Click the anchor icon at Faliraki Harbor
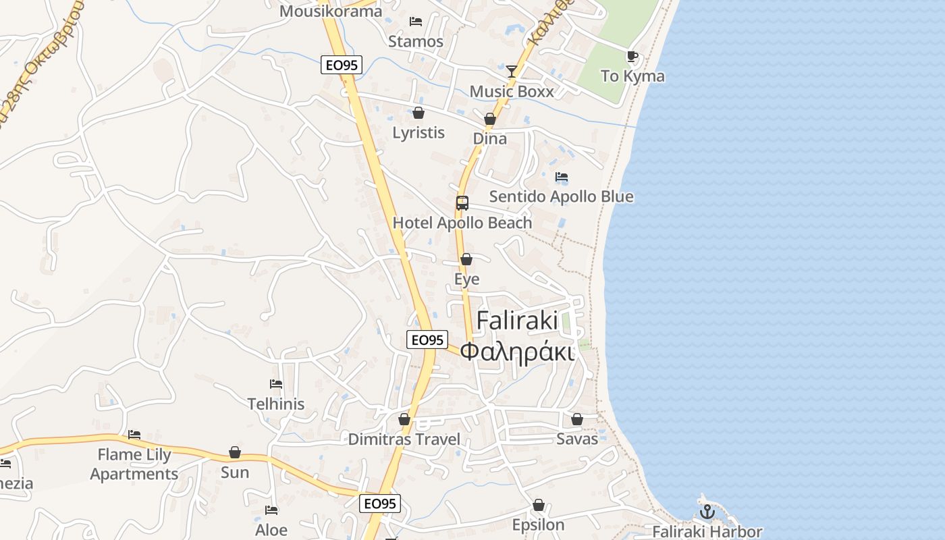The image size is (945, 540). click(x=707, y=511)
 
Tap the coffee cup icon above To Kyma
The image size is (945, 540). click(x=632, y=57)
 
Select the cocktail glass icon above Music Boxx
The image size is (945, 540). click(x=512, y=71)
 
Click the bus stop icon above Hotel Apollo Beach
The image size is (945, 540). click(x=462, y=202)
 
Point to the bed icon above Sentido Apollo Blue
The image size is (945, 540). click(x=562, y=177)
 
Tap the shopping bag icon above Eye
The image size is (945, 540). click(x=466, y=259)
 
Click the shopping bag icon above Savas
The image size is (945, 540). click(x=577, y=419)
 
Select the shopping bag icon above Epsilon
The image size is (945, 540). click(x=538, y=505)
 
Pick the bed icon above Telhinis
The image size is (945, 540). click(x=275, y=384)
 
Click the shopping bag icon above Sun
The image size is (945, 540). click(x=235, y=452)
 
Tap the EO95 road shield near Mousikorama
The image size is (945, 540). click(x=342, y=65)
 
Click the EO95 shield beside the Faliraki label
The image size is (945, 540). click(x=427, y=340)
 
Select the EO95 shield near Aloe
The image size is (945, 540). click(x=380, y=504)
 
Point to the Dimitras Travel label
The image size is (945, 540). click(x=404, y=439)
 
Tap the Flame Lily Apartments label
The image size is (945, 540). click(x=134, y=464)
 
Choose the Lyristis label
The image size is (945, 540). click(x=418, y=132)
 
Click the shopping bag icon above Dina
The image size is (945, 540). click(x=490, y=119)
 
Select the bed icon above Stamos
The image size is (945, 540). click(x=416, y=22)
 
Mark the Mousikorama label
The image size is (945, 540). click(x=331, y=11)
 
